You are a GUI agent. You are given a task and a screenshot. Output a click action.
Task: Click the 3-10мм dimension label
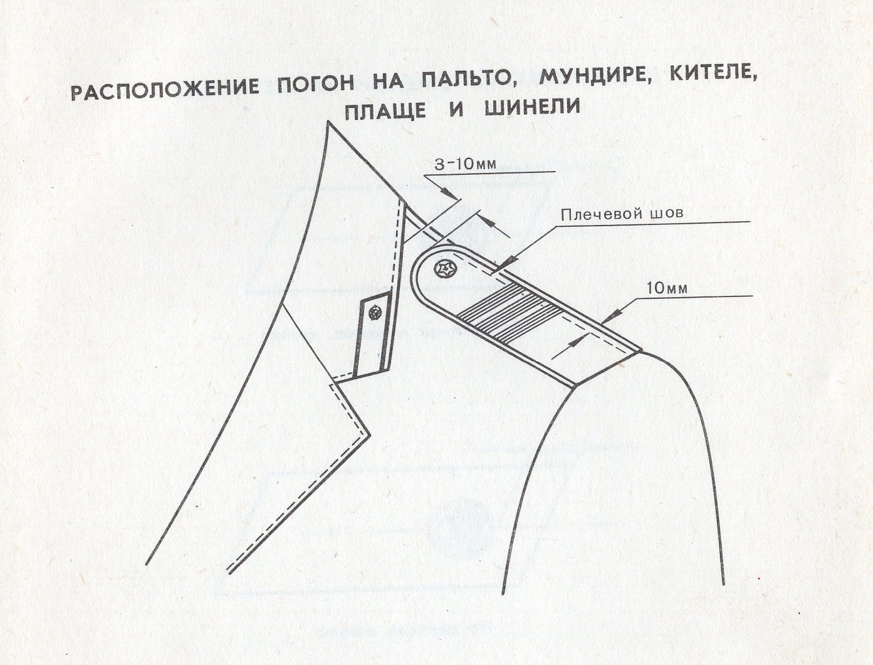[465, 164]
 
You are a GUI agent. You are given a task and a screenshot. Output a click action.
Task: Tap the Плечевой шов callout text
[622, 214]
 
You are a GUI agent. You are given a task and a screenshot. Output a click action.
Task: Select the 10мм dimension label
[666, 288]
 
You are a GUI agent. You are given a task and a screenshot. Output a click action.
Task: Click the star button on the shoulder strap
[447, 270]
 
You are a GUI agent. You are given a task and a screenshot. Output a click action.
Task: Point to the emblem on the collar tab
[375, 313]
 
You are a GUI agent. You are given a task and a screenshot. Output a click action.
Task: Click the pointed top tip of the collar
[328, 122]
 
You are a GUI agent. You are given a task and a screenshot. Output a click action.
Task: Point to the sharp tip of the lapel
[370, 435]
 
